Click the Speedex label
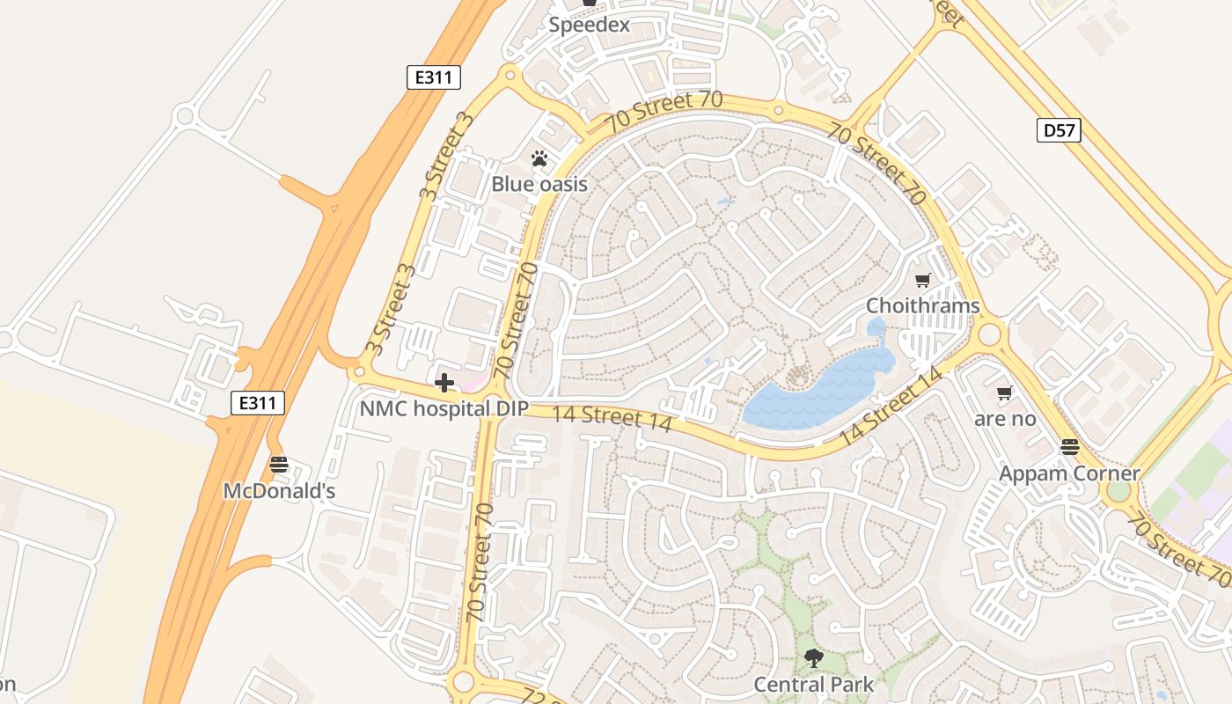tap(590, 25)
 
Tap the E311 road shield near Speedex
tap(435, 77)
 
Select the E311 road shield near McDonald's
tap(258, 404)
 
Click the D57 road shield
tap(1059, 131)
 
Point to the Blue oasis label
tap(539, 184)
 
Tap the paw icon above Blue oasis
tap(539, 159)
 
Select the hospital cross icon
tap(444, 383)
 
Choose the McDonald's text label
tap(279, 491)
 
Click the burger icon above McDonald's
tap(279, 465)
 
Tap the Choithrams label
tap(922, 306)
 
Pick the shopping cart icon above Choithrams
tap(922, 281)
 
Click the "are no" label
tap(1005, 419)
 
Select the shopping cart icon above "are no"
tap(1004, 393)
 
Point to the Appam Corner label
tap(1069, 473)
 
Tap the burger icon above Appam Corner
tap(1070, 447)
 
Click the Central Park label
tap(814, 684)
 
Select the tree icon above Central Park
tap(814, 657)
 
